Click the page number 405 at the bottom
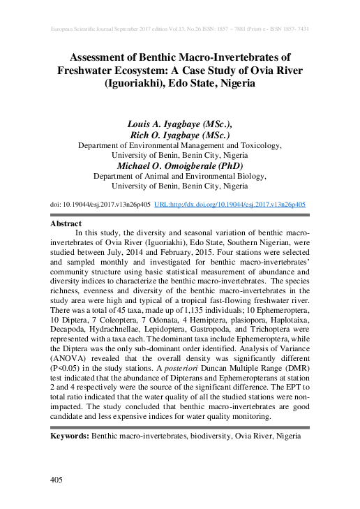(57, 480)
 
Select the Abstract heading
(67, 223)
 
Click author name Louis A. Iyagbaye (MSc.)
(181, 123)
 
